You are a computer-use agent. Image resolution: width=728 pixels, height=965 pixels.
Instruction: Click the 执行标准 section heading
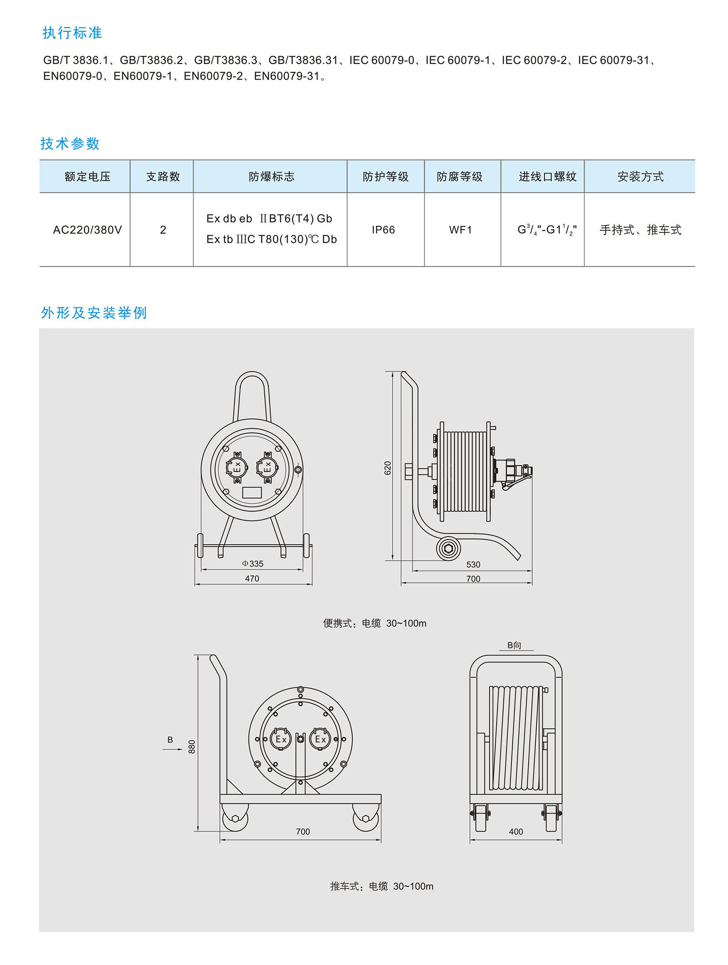[x=72, y=33]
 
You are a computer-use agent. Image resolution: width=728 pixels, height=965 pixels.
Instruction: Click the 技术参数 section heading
[x=70, y=144]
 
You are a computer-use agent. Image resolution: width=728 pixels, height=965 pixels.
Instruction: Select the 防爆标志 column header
[x=271, y=177]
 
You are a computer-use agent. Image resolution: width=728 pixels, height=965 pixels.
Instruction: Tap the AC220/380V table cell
[x=87, y=230]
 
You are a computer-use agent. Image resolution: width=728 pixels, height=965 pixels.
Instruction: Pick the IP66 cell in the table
[x=383, y=230]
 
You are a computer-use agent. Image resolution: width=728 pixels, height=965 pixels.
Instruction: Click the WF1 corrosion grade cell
[x=461, y=230]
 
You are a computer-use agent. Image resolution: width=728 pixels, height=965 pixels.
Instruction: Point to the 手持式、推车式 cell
[x=640, y=230]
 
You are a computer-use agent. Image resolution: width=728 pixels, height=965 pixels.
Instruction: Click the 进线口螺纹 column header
[x=547, y=177]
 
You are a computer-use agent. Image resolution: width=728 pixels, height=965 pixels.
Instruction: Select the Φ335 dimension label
[x=252, y=564]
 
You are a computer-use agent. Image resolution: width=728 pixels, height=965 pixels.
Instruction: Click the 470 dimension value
[x=252, y=578]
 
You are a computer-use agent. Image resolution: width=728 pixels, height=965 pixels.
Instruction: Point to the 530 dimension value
[x=473, y=565]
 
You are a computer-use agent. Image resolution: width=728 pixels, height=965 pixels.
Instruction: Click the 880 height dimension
[x=192, y=747]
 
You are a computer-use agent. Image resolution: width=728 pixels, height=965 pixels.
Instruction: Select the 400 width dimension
[x=516, y=832]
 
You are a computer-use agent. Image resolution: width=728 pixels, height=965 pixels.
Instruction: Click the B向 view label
[x=514, y=645]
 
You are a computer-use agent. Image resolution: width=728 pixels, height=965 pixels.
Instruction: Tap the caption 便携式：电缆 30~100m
[x=375, y=623]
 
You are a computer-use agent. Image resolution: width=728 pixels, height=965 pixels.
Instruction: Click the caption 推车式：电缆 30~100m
[x=381, y=886]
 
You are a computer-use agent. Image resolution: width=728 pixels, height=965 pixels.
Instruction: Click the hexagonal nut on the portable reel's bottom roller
[x=448, y=549]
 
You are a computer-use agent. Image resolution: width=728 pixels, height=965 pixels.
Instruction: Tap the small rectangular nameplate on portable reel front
[x=252, y=492]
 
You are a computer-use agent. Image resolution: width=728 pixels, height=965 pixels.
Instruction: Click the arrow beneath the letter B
[x=173, y=750]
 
